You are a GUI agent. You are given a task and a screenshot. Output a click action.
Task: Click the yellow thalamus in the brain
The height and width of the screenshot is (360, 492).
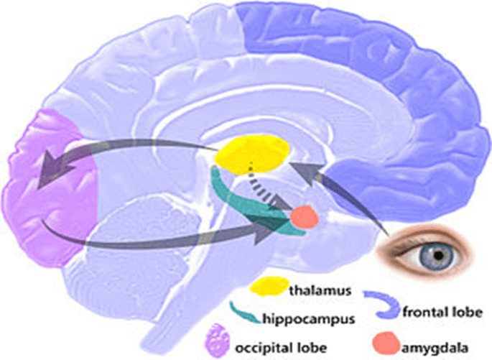tap(254, 153)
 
